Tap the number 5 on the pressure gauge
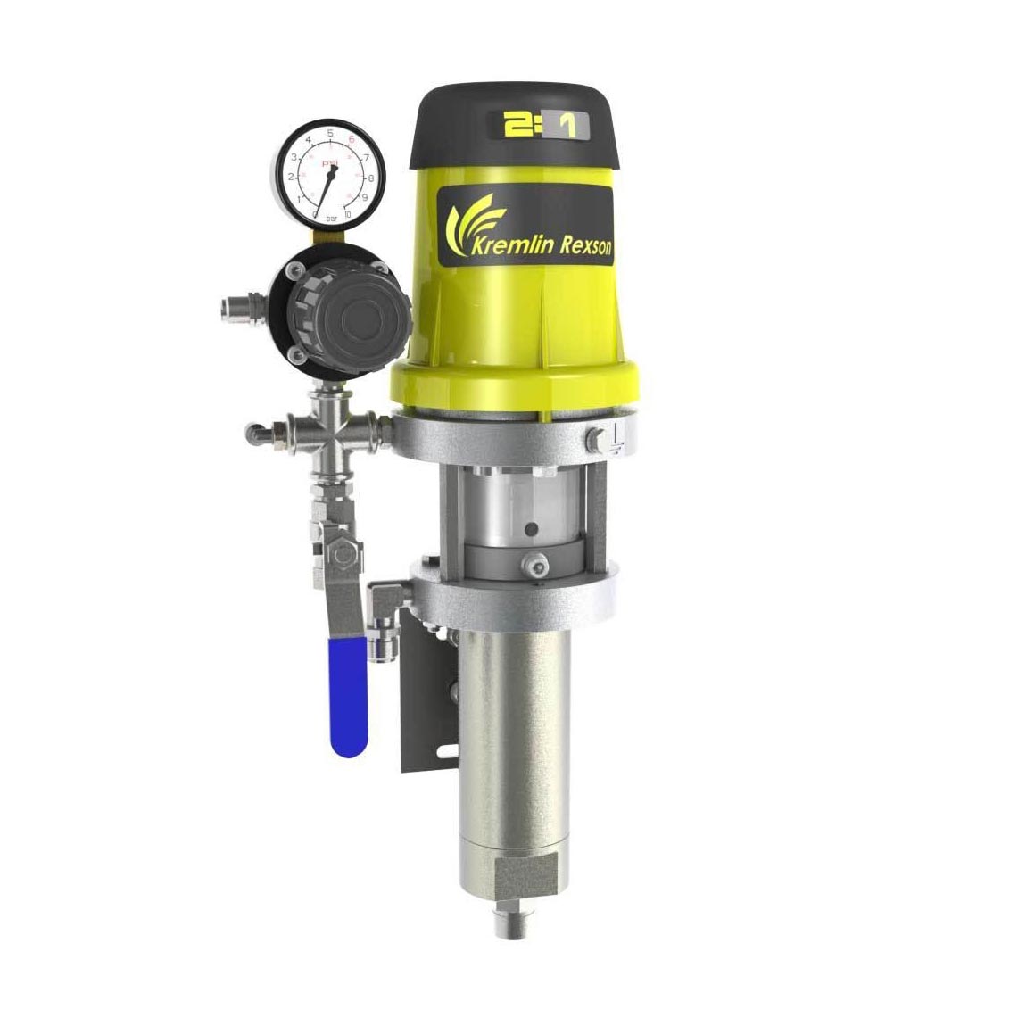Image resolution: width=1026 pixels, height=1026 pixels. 331,133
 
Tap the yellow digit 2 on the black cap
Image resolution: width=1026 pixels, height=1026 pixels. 515,126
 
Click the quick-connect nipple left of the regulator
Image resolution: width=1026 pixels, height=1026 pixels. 229,310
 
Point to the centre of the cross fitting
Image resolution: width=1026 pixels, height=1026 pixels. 324,435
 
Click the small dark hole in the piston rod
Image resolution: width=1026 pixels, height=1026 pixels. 531,530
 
